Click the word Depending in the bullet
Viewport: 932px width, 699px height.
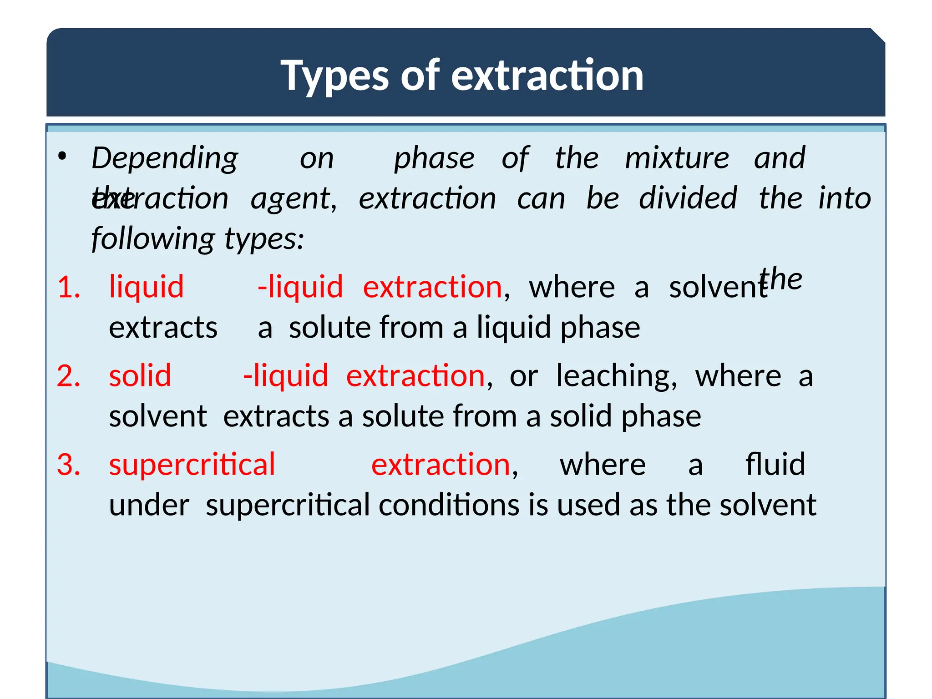[165, 158]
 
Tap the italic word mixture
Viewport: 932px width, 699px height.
[677, 158]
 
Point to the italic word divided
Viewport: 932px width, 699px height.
[688, 198]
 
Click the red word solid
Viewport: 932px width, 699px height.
[140, 376]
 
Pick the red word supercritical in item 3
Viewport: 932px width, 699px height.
[192, 465]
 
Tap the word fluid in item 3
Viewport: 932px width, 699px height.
[775, 465]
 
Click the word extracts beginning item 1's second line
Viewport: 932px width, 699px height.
[163, 328]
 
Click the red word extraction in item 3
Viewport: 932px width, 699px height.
[441, 465]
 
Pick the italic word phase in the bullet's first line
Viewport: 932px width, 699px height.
[434, 158]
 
